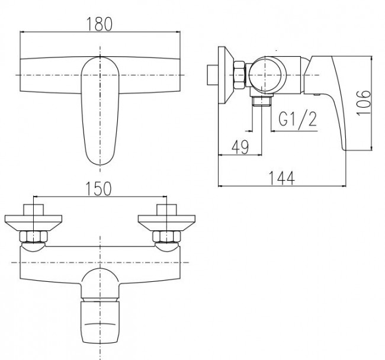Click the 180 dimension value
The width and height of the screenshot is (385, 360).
[x=100, y=24]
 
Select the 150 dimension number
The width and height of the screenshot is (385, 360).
[x=98, y=188]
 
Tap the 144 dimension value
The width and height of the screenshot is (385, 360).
[x=282, y=178]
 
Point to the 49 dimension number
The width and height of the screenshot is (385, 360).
[x=240, y=147]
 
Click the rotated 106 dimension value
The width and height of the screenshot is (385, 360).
[x=364, y=102]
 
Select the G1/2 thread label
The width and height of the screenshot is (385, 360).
[x=297, y=120]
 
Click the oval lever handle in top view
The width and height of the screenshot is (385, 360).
[x=100, y=111]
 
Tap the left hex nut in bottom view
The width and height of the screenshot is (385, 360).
[x=33, y=237]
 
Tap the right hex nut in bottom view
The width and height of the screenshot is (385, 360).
[x=166, y=237]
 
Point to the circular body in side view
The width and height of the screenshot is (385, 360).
[x=267, y=75]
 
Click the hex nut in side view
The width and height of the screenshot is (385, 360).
[x=239, y=75]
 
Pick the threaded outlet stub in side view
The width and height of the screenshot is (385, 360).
[x=262, y=101]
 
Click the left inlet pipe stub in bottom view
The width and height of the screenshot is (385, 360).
[x=33, y=210]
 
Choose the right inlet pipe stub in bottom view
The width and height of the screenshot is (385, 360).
[x=166, y=210]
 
